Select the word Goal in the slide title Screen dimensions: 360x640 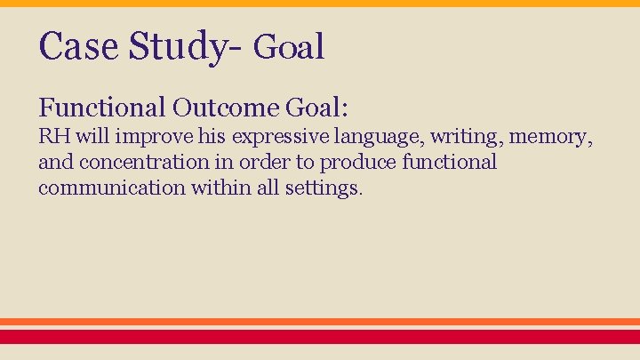point(289,47)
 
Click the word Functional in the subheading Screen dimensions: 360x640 point(102,108)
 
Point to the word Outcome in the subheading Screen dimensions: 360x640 point(227,108)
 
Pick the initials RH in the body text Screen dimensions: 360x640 point(54,138)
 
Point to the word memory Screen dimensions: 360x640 point(555,139)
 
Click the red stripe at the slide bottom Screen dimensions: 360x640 point(320,337)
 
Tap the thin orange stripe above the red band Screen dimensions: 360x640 point(320,322)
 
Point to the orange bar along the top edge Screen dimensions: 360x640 point(320,4)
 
